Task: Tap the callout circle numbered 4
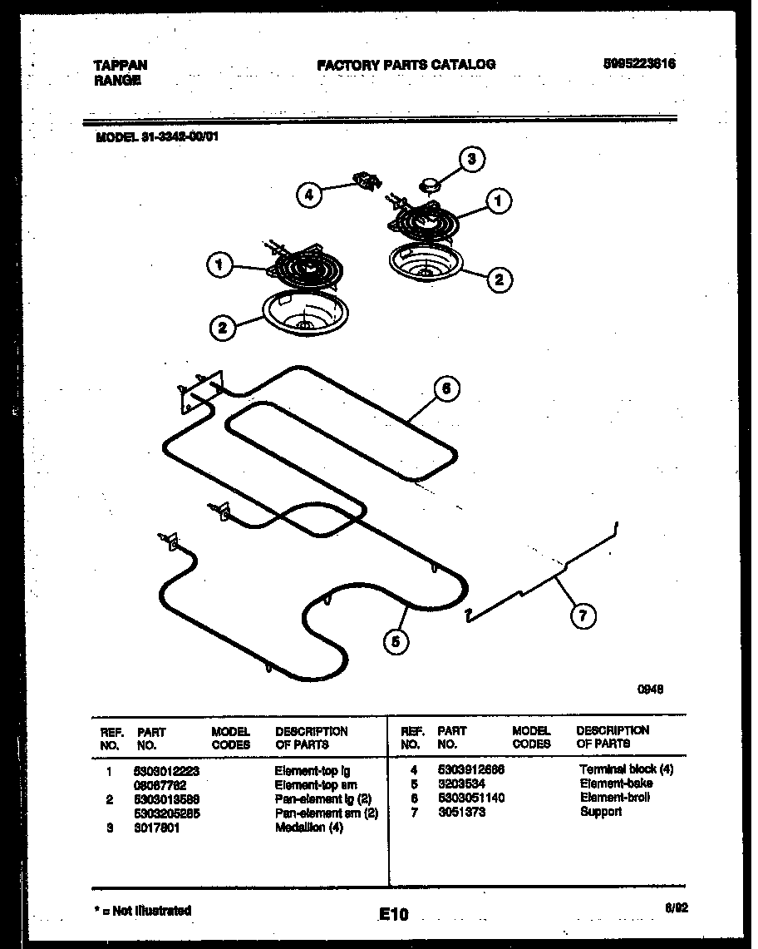click(x=308, y=195)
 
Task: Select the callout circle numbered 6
click(x=446, y=388)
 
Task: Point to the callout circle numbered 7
click(x=583, y=616)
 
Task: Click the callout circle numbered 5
click(x=397, y=640)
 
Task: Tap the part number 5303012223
click(x=167, y=771)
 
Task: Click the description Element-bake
click(x=616, y=783)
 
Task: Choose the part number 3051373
click(x=462, y=812)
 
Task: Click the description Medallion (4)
click(x=308, y=828)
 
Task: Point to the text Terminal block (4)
click(x=626, y=769)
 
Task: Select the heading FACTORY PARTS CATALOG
click(x=406, y=64)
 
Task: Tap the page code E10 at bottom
click(x=394, y=915)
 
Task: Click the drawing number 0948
click(x=650, y=689)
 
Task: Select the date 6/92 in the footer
click(x=677, y=909)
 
